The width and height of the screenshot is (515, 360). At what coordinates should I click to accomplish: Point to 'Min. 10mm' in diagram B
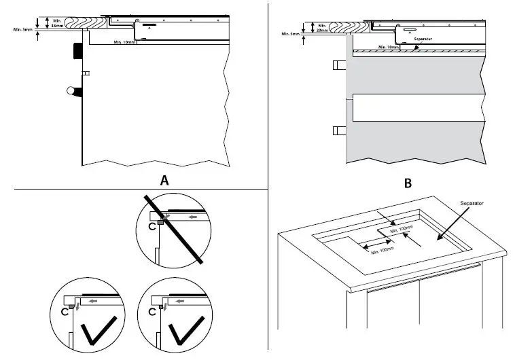pyautogui.click(x=390, y=47)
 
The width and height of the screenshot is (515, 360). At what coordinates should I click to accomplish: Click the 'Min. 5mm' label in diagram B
pyautogui.click(x=291, y=33)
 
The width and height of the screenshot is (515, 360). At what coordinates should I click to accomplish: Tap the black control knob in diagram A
pyautogui.click(x=77, y=52)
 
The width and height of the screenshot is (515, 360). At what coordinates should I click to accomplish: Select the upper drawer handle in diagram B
pyautogui.click(x=340, y=65)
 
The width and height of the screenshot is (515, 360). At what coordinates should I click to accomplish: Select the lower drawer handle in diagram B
pyautogui.click(x=340, y=130)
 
